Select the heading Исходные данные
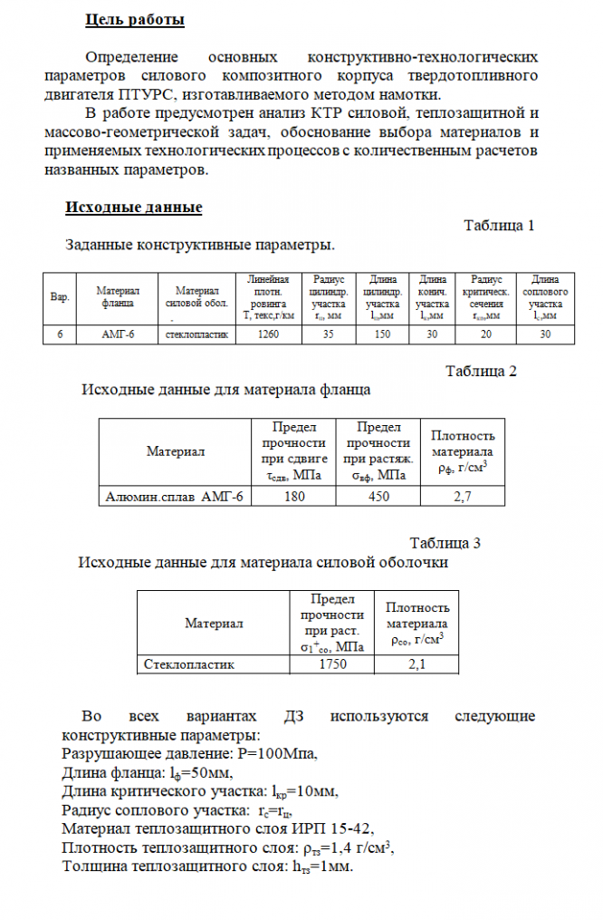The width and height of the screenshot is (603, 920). click(x=133, y=208)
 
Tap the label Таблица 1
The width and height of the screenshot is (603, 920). click(x=499, y=226)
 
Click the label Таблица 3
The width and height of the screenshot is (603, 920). click(x=445, y=543)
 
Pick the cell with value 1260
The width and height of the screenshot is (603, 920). click(x=268, y=334)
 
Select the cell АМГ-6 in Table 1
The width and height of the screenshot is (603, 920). click(x=118, y=334)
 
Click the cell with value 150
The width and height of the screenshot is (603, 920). click(x=381, y=334)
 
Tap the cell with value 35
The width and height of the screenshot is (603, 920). click(x=328, y=334)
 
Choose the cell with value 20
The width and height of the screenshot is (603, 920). click(x=486, y=334)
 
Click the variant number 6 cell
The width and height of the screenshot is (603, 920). click(x=60, y=334)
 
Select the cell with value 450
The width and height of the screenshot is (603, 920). click(x=378, y=496)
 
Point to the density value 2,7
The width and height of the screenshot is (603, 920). click(x=462, y=496)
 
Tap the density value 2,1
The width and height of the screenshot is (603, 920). click(x=417, y=664)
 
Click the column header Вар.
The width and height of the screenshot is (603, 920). click(x=60, y=297)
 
